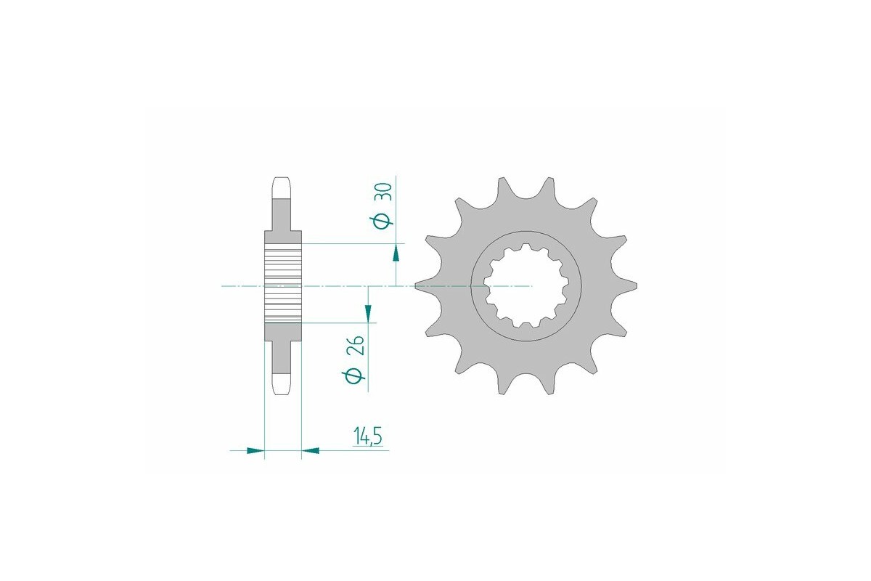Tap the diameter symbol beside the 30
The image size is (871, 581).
click(x=385, y=219)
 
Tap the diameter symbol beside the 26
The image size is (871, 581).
click(x=356, y=377)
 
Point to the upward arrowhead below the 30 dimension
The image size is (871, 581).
click(x=396, y=253)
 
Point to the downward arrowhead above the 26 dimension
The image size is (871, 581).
click(x=369, y=314)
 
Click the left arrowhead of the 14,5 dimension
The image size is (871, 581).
click(x=254, y=451)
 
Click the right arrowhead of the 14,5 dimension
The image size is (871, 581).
click(x=311, y=451)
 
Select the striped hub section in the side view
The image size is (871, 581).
click(x=282, y=285)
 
